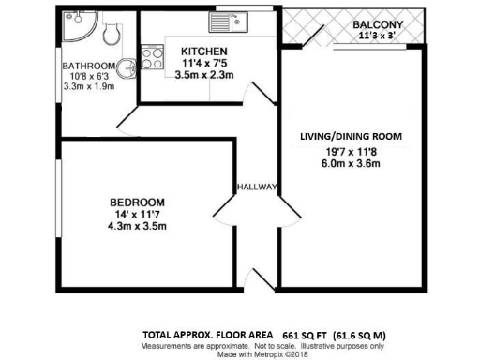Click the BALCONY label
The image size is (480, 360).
378,24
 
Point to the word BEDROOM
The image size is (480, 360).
137,202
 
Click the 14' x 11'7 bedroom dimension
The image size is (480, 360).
137,214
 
